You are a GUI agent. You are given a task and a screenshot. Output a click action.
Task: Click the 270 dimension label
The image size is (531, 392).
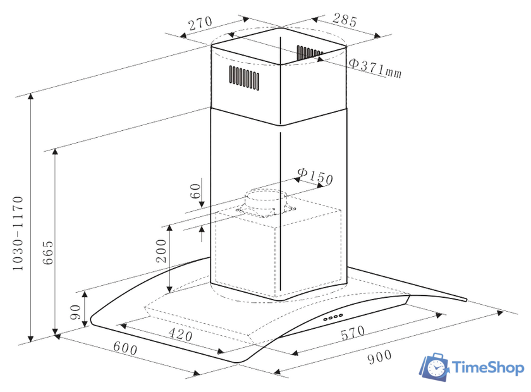(x=200, y=23)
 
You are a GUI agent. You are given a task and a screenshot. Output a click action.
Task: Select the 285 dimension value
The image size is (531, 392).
(x=345, y=20)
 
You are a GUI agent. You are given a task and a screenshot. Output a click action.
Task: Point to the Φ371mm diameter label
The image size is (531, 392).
(x=375, y=68)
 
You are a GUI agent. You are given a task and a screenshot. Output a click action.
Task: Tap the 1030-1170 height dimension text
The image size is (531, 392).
(x=18, y=233)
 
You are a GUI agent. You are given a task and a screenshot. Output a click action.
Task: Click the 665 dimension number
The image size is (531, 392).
(x=48, y=252)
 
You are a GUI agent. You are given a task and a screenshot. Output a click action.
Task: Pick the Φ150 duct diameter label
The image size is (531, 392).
(x=315, y=176)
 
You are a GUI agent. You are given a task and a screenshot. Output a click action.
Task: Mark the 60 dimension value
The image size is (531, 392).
(x=195, y=191)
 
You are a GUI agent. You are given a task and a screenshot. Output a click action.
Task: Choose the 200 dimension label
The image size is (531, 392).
(x=161, y=251)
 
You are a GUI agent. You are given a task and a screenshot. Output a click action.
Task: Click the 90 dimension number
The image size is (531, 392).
(x=75, y=312)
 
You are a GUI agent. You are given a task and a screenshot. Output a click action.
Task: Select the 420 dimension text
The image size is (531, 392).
(x=181, y=334)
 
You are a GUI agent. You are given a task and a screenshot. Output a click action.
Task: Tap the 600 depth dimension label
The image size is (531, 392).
(x=125, y=348)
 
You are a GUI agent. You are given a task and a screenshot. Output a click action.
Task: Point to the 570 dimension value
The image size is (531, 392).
(x=353, y=333)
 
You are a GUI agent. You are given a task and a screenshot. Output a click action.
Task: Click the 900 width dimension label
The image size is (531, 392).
(x=379, y=357)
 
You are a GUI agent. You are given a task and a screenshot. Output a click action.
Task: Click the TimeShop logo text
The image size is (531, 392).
(x=488, y=367)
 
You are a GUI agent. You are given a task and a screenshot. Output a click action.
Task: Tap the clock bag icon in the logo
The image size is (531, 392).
(x=434, y=367)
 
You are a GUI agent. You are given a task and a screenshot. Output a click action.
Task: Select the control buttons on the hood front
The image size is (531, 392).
(x=333, y=317)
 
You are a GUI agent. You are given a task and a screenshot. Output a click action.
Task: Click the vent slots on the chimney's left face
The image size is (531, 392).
(x=244, y=78)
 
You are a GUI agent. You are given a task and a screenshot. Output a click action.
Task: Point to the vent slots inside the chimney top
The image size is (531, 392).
(x=310, y=53)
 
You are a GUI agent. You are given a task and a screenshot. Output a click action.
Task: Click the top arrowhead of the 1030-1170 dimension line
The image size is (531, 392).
(x=31, y=96)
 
